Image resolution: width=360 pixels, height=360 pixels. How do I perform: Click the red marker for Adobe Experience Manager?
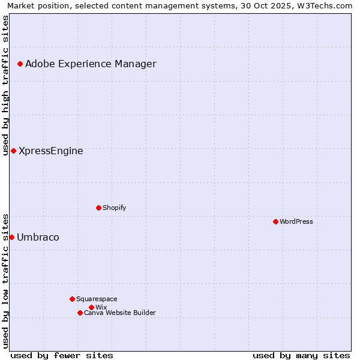[20, 64]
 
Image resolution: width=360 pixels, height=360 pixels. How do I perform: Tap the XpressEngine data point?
[13, 151]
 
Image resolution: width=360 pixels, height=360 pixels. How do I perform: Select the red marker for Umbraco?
[11, 237]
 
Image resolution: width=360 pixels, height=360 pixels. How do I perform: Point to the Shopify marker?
[98, 208]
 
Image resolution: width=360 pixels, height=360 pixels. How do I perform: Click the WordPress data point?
[275, 221]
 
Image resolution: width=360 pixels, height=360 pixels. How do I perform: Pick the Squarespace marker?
[72, 299]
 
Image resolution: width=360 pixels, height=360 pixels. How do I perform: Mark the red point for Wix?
[91, 307]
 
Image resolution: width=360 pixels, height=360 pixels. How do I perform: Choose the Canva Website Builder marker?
[80, 313]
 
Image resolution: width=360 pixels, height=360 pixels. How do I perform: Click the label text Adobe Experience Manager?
[91, 64]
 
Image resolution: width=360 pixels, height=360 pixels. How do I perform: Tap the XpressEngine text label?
[51, 151]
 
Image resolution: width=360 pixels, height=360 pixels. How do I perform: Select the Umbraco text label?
[38, 238]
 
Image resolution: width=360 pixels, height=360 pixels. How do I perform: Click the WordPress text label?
[296, 222]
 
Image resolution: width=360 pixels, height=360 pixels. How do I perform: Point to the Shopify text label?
[114, 208]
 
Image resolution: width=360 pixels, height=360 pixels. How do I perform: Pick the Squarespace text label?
[97, 299]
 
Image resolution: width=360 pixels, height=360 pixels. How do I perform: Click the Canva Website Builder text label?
[120, 313]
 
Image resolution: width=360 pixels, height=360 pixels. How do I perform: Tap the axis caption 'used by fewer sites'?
[62, 355]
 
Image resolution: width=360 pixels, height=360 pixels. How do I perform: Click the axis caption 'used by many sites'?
[301, 355]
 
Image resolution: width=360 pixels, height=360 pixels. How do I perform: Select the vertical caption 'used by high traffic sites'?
[5, 85]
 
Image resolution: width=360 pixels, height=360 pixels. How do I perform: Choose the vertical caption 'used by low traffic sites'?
[5, 281]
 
